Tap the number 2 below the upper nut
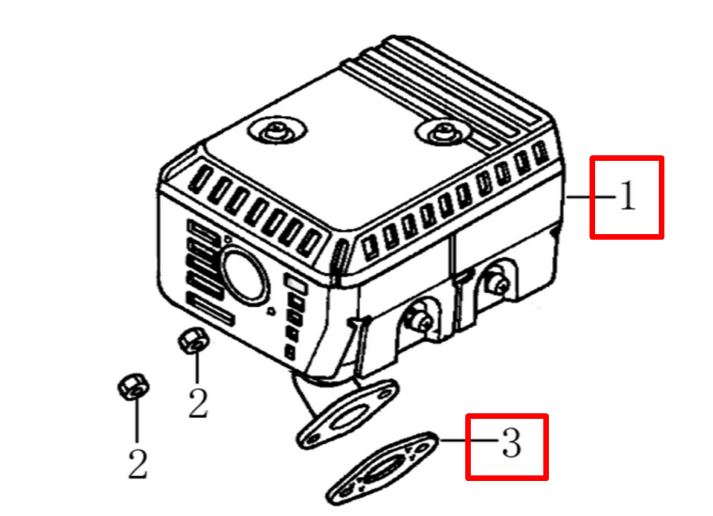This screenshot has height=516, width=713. click(x=198, y=403)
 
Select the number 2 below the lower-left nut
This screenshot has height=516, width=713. click(x=137, y=463)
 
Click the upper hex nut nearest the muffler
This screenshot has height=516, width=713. click(x=193, y=340)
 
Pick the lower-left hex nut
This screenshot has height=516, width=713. click(x=133, y=387)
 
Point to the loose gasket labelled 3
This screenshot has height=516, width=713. click(x=382, y=469)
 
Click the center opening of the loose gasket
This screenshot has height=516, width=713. click(x=385, y=467)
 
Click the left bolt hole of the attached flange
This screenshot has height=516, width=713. click(x=313, y=438)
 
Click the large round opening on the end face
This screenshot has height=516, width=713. click(x=245, y=276)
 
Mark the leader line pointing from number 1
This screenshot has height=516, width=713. click(x=591, y=197)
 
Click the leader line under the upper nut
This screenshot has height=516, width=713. click(x=197, y=367)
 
